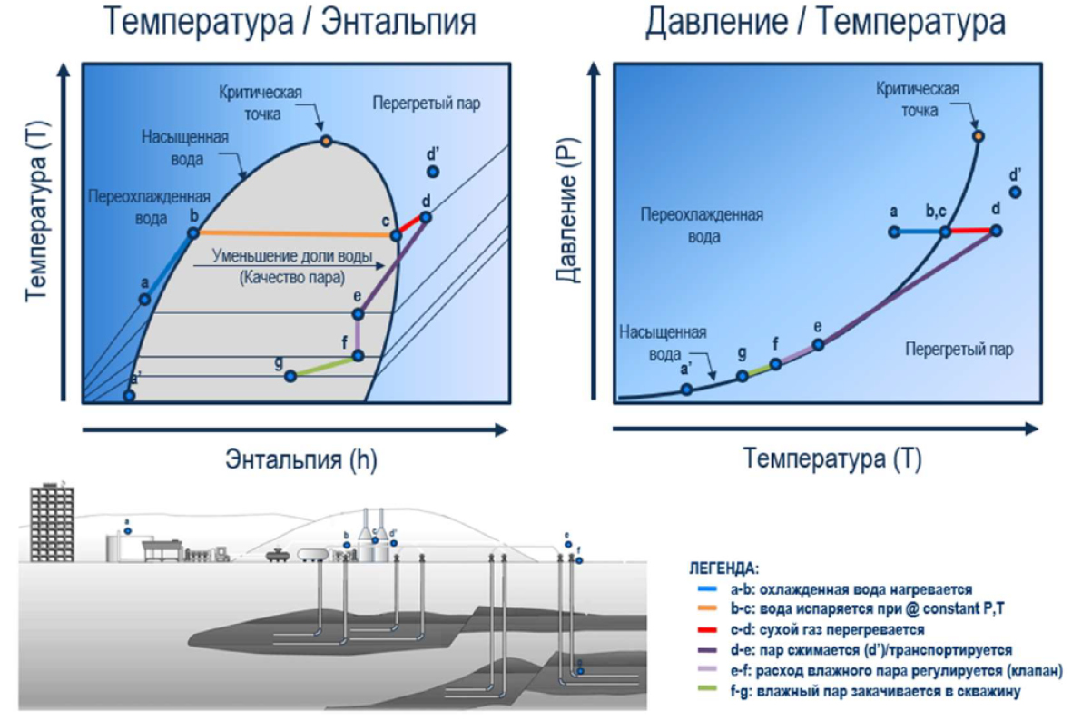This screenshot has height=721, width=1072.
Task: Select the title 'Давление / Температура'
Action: [x=825, y=22]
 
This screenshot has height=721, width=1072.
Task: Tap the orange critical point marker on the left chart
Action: [x=326, y=141]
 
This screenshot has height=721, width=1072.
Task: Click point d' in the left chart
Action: [x=433, y=172]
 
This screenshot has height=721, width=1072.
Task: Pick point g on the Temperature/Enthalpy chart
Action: [x=290, y=376]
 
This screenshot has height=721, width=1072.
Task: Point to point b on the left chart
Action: [x=192, y=233]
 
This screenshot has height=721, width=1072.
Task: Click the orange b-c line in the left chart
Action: [x=295, y=234]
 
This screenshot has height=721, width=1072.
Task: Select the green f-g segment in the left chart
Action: [x=324, y=366]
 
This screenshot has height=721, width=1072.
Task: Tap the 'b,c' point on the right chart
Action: [x=945, y=232]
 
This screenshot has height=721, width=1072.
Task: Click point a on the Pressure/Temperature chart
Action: [x=893, y=232]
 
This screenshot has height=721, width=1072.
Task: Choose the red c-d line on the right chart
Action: [x=970, y=232]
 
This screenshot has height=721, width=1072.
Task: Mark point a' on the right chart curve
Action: [x=686, y=389]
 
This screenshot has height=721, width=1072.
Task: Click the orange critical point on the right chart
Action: [x=978, y=136]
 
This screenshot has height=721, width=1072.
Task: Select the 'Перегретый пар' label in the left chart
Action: [x=426, y=104]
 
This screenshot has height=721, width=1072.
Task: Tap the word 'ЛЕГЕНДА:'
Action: [x=723, y=568]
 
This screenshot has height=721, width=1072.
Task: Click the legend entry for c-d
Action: [x=826, y=629]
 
